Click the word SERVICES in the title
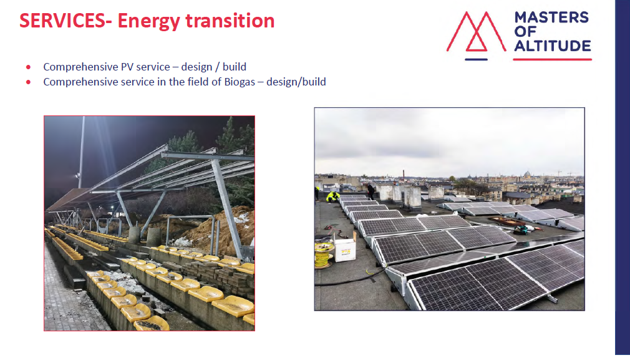point(62,21)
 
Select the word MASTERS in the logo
point(551,17)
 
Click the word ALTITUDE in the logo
point(553,46)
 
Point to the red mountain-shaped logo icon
point(476,32)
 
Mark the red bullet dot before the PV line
point(28,67)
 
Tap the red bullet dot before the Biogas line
point(28,82)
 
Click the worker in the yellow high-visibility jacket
point(332,197)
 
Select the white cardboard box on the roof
point(345,247)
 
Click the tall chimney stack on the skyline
point(404,174)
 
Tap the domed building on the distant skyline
point(528,174)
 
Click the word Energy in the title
point(148,21)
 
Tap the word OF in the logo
point(525,31)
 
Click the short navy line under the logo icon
point(476,59)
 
